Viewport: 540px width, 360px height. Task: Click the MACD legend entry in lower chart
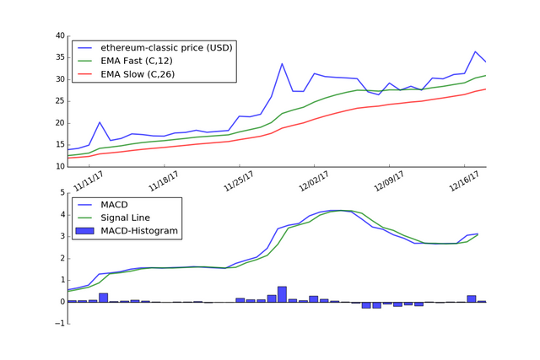[114, 204]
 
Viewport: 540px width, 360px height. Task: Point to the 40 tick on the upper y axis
[60, 36]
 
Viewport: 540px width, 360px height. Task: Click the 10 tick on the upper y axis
[60, 167]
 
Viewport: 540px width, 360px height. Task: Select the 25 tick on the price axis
[60, 101]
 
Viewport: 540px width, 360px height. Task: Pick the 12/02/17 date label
[315, 180]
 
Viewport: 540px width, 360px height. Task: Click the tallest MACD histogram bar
[282, 294]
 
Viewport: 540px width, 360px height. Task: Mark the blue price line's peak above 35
[475, 51]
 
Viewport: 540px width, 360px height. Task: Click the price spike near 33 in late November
[282, 63]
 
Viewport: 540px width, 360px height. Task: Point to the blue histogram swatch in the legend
[85, 230]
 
